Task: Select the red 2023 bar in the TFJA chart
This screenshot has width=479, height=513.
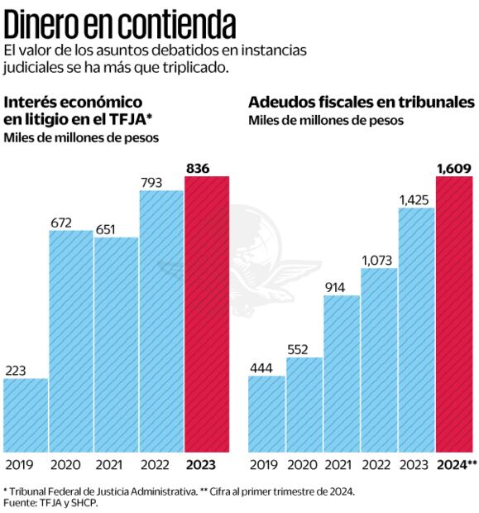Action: point(206,314)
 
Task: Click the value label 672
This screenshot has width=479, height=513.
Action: point(70,222)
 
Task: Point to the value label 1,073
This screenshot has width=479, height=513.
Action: point(379,260)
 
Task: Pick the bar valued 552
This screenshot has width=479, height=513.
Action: point(304,405)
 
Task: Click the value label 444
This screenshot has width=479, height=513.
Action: point(266,367)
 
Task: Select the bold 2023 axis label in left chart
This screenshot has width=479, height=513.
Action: point(205,465)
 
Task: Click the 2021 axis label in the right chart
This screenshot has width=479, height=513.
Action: point(341,465)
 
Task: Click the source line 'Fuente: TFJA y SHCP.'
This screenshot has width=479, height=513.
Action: point(51,502)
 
